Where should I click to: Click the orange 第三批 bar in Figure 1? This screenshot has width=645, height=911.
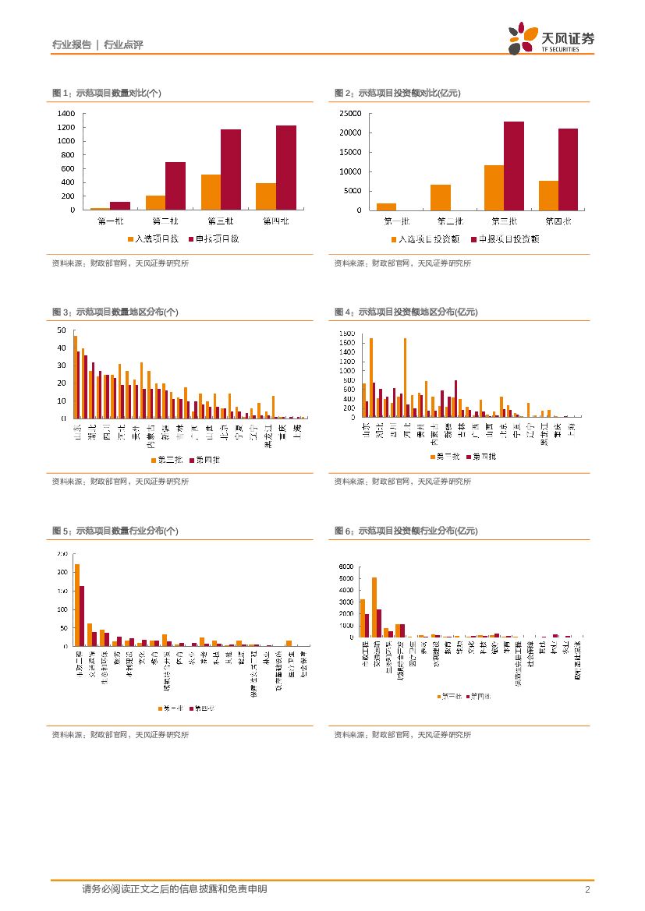tap(211, 192)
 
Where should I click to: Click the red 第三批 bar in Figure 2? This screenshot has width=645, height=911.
tap(513, 165)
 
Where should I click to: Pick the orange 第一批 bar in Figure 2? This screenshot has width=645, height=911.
tap(386, 207)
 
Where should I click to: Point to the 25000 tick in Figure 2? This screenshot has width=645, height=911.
tap(350, 113)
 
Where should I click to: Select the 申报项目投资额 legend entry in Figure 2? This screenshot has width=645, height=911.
tap(505, 238)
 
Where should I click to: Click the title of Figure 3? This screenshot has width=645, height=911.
tap(115, 312)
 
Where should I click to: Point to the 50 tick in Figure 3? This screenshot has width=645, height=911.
tap(62, 330)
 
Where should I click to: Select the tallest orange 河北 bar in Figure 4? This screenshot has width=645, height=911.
tap(405, 378)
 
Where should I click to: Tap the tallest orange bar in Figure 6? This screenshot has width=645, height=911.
tap(374, 607)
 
